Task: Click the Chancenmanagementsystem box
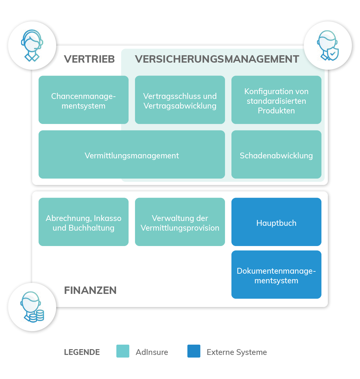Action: click(84, 100)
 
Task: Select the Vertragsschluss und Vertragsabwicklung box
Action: click(180, 100)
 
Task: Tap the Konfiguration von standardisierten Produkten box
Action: click(276, 100)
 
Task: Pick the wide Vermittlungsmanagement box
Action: click(132, 154)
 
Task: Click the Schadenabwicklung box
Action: click(276, 154)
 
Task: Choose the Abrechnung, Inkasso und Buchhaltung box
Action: click(84, 222)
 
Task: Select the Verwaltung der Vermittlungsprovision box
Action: click(180, 222)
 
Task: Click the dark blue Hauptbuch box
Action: click(276, 222)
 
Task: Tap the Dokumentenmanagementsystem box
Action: click(276, 275)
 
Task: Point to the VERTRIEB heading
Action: click(89, 59)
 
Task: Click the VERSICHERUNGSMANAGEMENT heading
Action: click(217, 59)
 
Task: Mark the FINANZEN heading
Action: click(90, 290)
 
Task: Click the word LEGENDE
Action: click(82, 352)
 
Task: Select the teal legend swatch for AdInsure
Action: click(123, 351)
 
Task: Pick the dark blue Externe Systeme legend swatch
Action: click(194, 351)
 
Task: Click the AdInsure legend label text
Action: click(152, 352)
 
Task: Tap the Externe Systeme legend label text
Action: click(237, 352)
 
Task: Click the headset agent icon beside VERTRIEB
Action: click(32, 46)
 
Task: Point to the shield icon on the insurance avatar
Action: click(333, 54)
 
